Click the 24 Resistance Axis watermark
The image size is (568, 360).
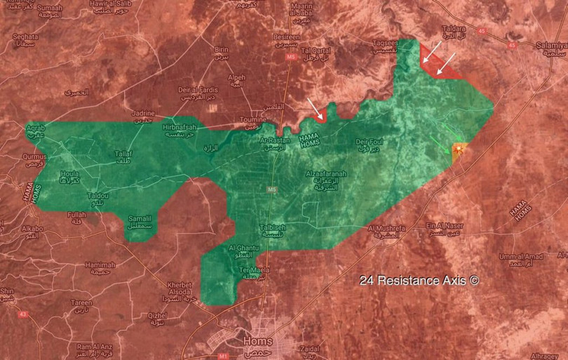pos(419,279)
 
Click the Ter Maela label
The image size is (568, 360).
pos(252,270)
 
